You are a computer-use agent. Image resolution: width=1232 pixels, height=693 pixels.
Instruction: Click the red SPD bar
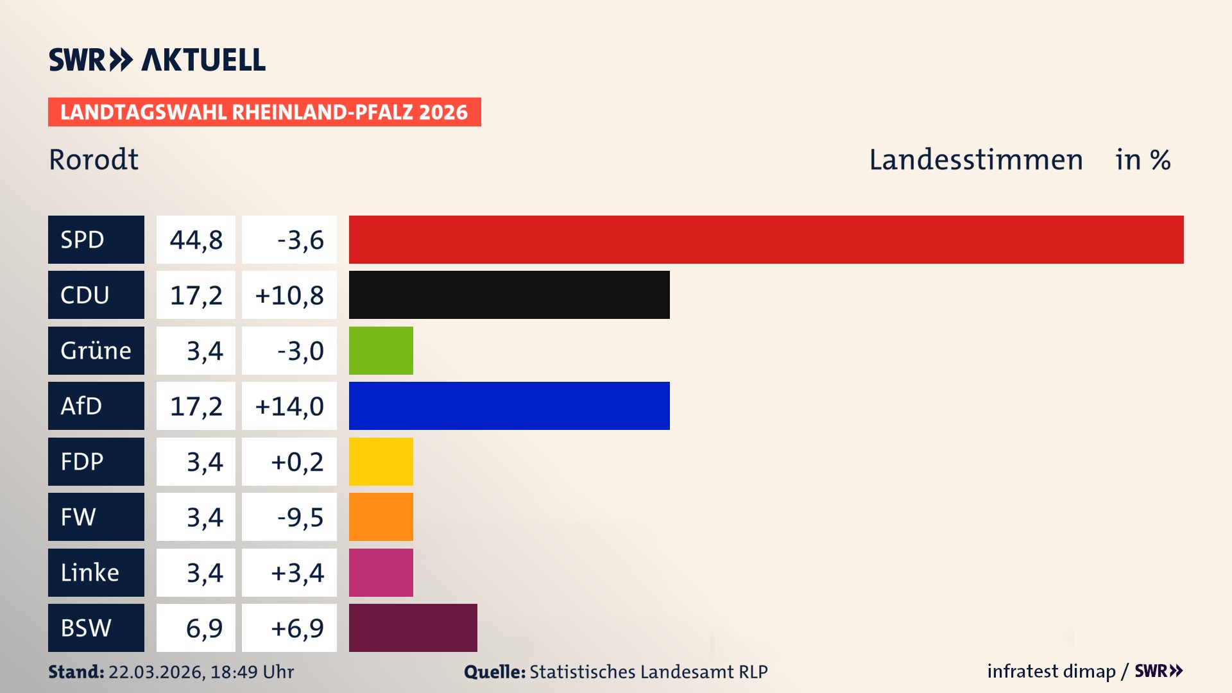coord(766,239)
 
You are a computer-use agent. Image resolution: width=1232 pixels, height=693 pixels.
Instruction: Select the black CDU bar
coord(509,295)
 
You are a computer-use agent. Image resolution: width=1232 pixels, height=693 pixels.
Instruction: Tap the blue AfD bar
coord(509,406)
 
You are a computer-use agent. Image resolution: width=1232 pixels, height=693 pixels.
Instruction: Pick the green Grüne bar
coord(381,350)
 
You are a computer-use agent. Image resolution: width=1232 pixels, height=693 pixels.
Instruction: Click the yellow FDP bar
coord(381,461)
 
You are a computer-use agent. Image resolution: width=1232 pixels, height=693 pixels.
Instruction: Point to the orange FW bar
coord(381,517)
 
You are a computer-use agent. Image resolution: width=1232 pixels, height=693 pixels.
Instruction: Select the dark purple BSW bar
coord(413,628)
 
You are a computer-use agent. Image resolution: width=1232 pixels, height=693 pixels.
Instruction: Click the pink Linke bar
coord(381,572)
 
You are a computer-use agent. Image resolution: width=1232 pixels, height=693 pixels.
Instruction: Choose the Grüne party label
coord(96,350)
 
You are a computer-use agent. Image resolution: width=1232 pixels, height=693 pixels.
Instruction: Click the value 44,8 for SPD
coord(196,240)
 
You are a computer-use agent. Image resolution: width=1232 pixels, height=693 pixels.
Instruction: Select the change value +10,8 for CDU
coord(289,295)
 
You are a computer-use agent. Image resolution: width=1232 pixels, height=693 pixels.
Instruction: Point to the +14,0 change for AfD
coord(289,406)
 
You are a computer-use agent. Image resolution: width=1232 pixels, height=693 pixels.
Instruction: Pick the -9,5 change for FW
coord(300,517)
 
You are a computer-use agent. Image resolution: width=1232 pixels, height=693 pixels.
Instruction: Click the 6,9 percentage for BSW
coord(203,628)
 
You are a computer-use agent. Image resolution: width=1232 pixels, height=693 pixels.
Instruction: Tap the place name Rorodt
coord(94,160)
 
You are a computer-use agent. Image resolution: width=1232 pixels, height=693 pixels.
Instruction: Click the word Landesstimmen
coord(975,160)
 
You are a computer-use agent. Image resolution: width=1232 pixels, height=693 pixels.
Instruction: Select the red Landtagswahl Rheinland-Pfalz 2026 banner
coord(264,112)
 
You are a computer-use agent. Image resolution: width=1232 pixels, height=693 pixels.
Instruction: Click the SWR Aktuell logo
coord(157,60)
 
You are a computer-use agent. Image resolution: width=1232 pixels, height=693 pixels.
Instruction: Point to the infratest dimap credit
coord(1050,671)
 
